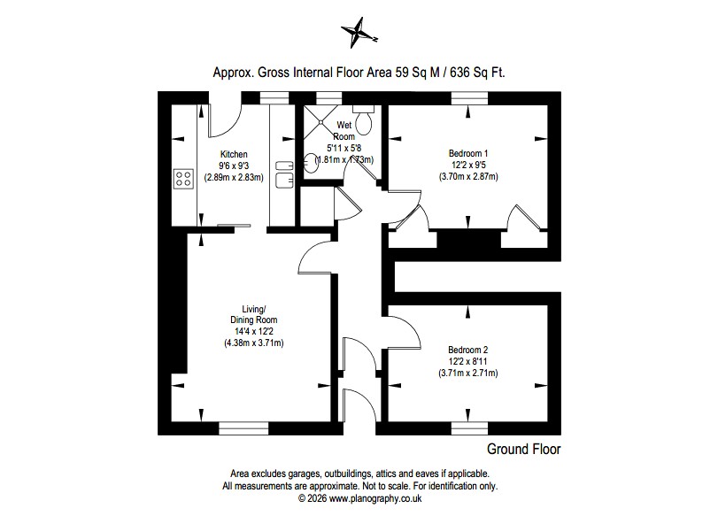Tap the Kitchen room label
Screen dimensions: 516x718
[234, 154]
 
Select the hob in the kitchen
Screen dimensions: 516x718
[184, 179]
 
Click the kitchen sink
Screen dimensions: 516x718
[283, 173]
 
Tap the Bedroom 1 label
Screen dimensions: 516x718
[468, 153]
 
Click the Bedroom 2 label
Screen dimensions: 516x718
[468, 350]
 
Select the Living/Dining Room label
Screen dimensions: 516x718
[253, 313]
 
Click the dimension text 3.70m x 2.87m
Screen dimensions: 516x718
[468, 177]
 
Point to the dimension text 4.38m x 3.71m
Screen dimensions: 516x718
[253, 343]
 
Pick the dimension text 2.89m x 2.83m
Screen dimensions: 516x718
[234, 177]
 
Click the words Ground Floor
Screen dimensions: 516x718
[524, 450]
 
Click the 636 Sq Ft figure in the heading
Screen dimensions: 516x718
[477, 73]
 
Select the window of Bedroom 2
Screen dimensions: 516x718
[468, 427]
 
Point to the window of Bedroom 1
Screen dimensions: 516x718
[468, 97]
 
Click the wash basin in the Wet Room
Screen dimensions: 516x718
[311, 161]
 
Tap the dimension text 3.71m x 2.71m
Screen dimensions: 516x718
[468, 374]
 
